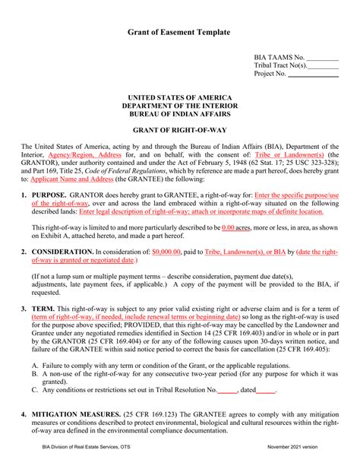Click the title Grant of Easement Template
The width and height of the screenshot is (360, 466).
pos(179,33)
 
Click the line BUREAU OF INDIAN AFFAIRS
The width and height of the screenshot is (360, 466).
pos(179,114)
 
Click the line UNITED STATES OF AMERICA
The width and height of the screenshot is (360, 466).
pos(179,97)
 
